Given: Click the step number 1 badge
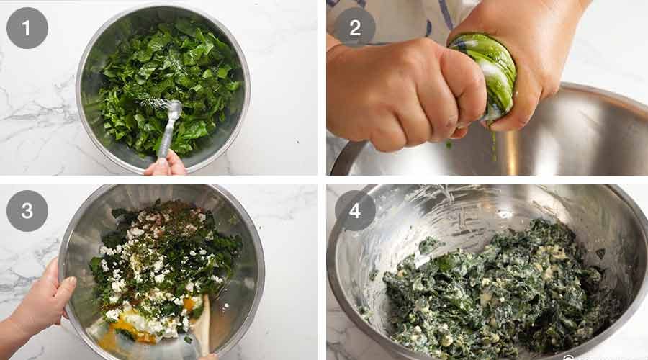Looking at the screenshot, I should point(27,28).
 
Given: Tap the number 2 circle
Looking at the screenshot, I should point(354,28).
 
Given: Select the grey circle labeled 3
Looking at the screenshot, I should point(27,210).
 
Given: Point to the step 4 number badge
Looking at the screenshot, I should point(354,210).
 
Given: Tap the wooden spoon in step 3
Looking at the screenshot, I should point(202,328).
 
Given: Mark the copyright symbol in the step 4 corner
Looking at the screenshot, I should point(569,356).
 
